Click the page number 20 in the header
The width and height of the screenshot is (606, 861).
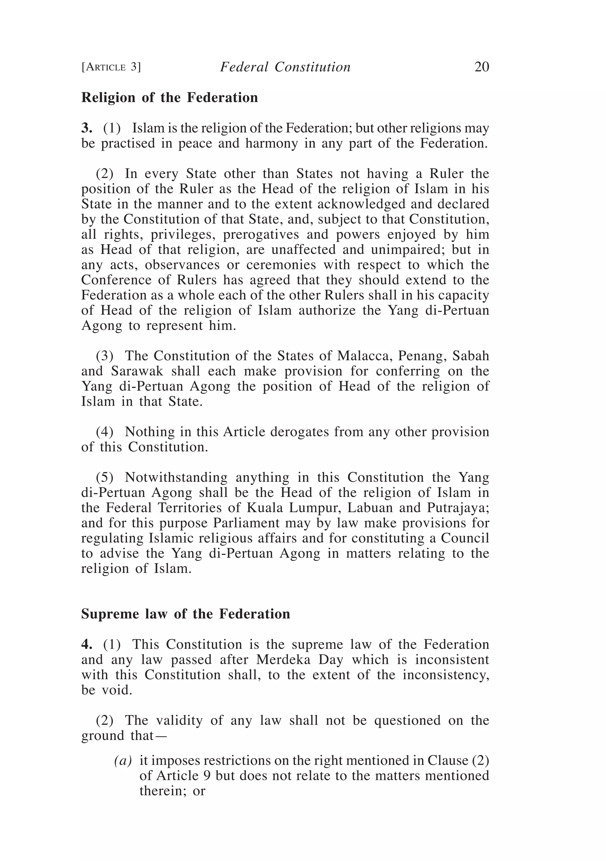pos(481,67)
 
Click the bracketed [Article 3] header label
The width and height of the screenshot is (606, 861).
pos(111,67)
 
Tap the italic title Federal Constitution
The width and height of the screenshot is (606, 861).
pos(285,67)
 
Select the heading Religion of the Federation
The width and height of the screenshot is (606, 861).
pos(170,97)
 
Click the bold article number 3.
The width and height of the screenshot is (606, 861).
pos(86,128)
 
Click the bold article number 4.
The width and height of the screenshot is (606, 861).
pos(86,645)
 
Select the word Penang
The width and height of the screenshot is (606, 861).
pos(421,355)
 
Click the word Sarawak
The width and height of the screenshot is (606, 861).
pos(137,371)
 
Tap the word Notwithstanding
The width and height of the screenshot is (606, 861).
pos(176,477)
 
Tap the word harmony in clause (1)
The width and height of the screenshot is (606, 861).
pos(272,143)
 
